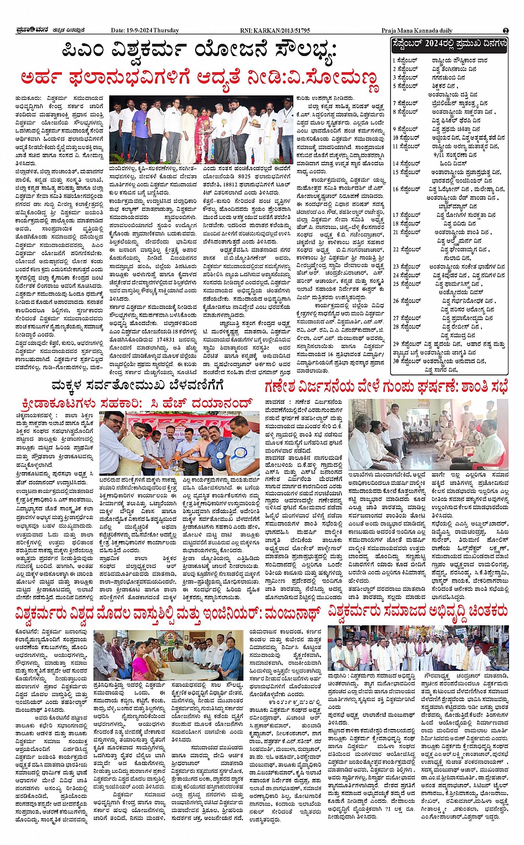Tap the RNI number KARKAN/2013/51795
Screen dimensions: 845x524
(275, 31)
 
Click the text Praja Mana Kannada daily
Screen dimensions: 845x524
(416, 31)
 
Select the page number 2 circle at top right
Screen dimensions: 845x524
(505, 31)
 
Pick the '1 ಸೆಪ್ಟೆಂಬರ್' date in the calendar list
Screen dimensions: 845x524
(405, 60)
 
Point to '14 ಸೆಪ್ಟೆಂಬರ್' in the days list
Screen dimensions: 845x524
(406, 164)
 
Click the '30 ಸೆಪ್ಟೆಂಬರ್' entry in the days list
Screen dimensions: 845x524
(407, 361)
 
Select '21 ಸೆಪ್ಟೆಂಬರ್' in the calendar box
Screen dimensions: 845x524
(406, 232)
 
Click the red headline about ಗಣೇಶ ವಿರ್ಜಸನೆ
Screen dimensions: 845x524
(386, 387)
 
